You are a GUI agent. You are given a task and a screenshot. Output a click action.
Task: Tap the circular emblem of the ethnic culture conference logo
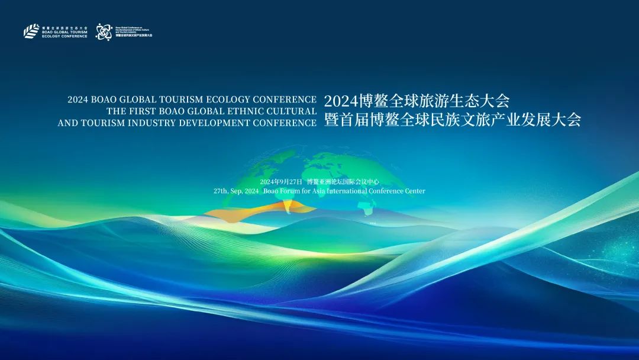(104, 31)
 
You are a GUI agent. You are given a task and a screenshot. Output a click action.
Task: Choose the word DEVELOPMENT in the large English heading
(222, 123)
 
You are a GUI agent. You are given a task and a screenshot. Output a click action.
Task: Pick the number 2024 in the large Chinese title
(341, 100)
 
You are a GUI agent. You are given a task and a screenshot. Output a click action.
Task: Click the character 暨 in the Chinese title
(332, 120)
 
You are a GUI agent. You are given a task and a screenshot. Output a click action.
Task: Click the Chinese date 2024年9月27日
(281, 182)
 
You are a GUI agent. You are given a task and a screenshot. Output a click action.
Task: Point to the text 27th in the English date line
(221, 191)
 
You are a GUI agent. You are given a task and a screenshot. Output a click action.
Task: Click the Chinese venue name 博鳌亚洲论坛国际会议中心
(343, 182)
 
